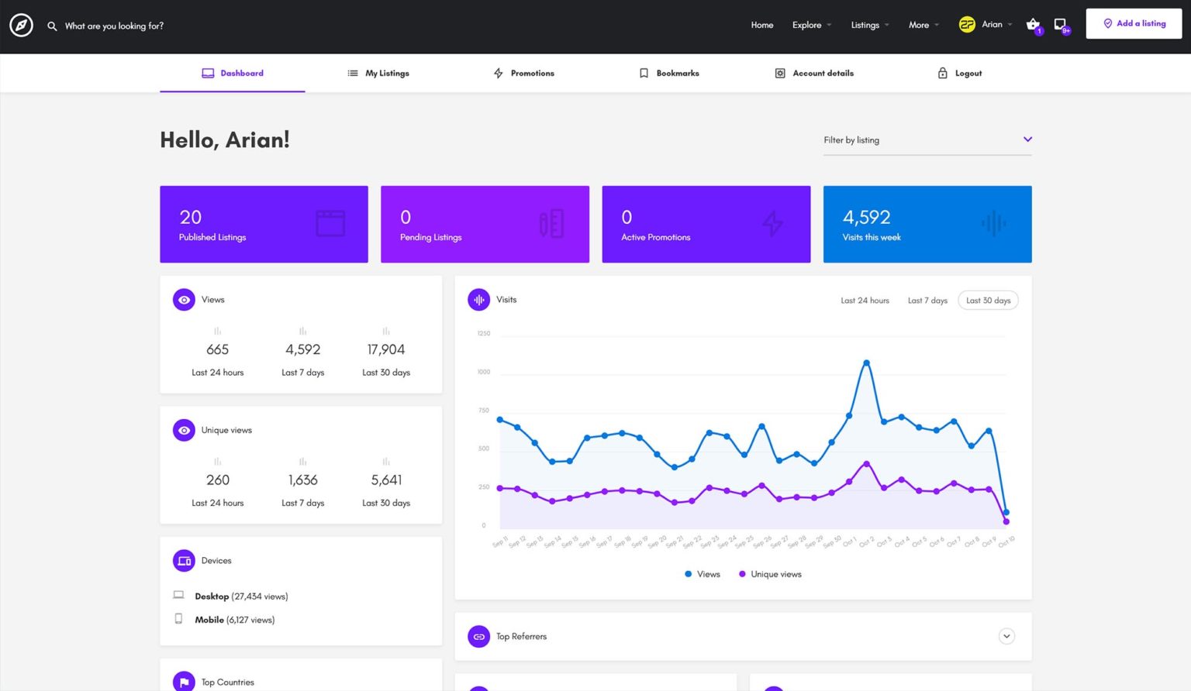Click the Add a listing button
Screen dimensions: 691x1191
pos(1134,24)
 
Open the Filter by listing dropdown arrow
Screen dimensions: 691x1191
pos(1027,139)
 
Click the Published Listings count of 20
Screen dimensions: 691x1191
pos(191,218)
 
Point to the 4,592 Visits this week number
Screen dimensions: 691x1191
pos(866,218)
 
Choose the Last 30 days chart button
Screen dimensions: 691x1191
pos(988,301)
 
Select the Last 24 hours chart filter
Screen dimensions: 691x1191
pos(865,301)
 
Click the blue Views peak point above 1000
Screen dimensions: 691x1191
pos(866,363)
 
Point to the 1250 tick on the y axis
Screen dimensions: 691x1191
pos(483,334)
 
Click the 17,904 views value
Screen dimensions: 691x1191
pos(386,350)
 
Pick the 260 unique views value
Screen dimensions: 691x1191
pos(218,480)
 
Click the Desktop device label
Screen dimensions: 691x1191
pos(212,596)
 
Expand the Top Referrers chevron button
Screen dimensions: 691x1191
pos(1006,637)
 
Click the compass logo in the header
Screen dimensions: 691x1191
pos(21,26)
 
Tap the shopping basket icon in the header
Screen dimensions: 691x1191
pos(1033,25)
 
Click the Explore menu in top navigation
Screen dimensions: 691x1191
pos(806,26)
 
